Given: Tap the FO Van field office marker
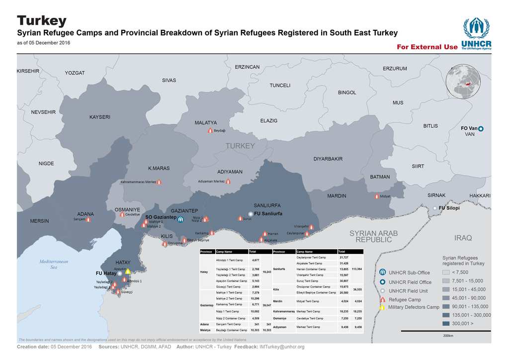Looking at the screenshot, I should (x=481, y=129).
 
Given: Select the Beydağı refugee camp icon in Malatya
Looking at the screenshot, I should (x=210, y=130).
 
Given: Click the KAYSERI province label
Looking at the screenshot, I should (x=99, y=117).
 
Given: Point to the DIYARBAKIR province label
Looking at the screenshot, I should (x=328, y=159).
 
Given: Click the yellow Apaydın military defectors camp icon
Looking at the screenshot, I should (x=128, y=271).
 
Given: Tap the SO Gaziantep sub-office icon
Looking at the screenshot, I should (x=181, y=219).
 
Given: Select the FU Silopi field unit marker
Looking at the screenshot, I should (x=435, y=208).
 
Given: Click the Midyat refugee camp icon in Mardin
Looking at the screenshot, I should (x=376, y=196).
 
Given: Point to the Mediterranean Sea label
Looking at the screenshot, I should (x=54, y=264).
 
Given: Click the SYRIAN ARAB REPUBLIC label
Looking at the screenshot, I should (x=374, y=236).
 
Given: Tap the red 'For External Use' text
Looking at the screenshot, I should (x=426, y=47).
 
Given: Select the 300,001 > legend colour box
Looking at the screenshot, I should (x=447, y=324).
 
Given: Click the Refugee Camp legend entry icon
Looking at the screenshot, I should (x=382, y=299).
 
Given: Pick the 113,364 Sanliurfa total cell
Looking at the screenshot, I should (x=356, y=269).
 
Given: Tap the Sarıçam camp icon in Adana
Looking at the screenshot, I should (x=88, y=219).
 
